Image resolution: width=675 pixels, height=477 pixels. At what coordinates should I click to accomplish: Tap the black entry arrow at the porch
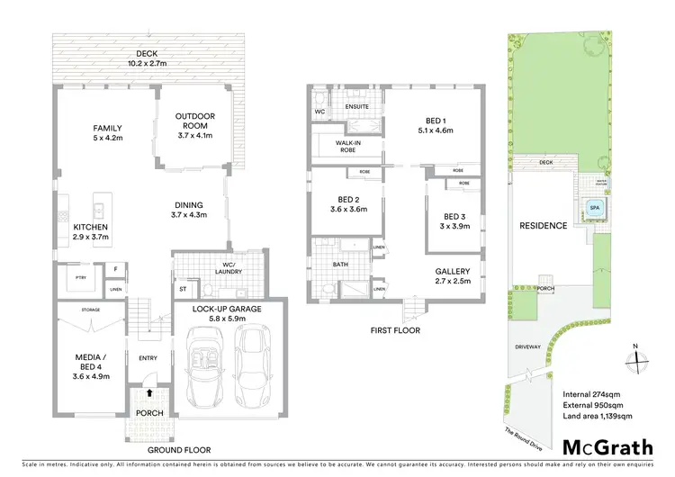coord(147,393)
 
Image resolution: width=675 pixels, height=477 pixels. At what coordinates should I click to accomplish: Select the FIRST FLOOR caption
coord(397,330)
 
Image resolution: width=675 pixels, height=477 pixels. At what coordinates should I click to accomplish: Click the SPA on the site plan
coord(594,208)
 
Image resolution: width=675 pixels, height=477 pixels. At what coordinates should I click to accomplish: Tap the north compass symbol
coord(637,356)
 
